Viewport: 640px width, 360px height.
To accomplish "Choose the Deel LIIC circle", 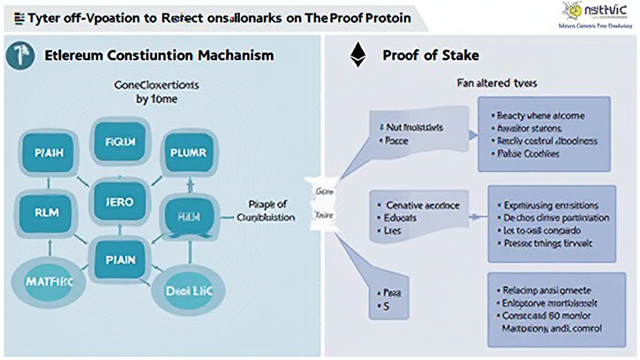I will click(182, 290).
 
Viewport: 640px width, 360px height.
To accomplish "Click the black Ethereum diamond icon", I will click(357, 56).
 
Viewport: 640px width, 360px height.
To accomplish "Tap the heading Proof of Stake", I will click(431, 55).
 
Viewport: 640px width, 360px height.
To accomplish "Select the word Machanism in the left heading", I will click(235, 55).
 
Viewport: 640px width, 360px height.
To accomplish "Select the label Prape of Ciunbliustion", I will click(267, 211).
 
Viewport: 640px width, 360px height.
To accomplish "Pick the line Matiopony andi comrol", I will click(552, 328).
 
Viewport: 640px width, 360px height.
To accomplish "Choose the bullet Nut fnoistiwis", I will click(414, 127).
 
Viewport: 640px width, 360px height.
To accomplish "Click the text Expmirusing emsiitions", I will click(551, 205).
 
